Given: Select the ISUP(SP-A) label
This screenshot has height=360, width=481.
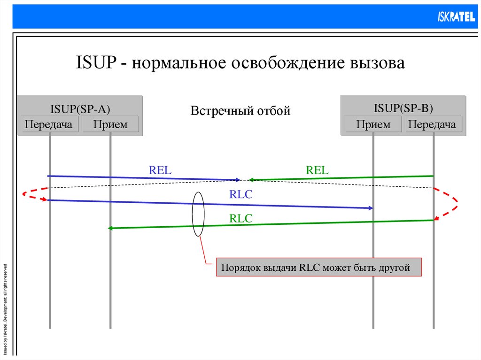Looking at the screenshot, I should [80, 109].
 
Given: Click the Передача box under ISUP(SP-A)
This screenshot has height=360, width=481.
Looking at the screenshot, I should [49, 124].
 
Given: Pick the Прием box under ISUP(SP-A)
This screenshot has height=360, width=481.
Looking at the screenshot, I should [110, 124].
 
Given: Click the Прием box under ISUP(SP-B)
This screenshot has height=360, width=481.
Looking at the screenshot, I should [373, 124].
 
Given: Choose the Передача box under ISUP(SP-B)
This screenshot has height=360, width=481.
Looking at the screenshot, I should [433, 124].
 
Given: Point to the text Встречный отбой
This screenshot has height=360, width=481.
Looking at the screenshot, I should [240, 111].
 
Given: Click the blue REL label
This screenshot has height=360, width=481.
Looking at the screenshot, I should [160, 170].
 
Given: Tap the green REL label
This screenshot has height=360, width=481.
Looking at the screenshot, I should [317, 170].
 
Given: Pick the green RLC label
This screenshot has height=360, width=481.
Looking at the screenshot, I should [241, 218].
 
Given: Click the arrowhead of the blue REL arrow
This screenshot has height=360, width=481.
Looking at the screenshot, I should [238, 179].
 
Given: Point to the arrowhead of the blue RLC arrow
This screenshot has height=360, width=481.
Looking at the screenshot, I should [371, 207].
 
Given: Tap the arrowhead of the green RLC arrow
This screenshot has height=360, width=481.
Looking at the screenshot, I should [111, 228].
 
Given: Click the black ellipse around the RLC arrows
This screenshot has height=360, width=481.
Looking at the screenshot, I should [192, 214].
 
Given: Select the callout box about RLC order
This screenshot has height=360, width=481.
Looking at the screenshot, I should [319, 268].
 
